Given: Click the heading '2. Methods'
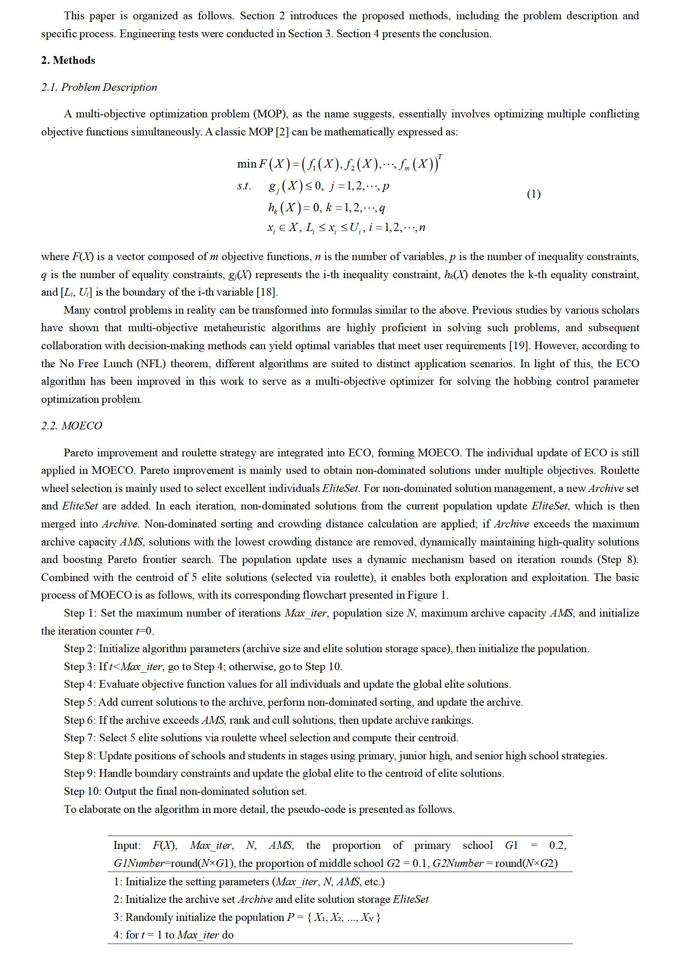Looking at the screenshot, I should click(68, 60).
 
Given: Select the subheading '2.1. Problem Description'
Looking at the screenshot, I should click(99, 87).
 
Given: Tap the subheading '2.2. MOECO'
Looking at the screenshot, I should click(72, 426).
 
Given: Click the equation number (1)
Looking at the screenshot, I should click(533, 194).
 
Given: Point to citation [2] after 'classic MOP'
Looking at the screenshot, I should click(282, 132).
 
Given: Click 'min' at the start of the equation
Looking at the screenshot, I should click(246, 164).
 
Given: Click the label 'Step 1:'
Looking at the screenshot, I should click(81, 613).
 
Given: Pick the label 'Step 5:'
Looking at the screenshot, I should click(81, 702).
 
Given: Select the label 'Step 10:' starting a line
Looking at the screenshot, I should click(83, 791).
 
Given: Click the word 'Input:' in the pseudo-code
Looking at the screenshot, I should click(127, 845).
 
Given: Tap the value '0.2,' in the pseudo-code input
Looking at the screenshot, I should click(557, 845).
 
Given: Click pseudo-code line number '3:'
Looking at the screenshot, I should click(118, 917).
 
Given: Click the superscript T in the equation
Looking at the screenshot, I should click(440, 157).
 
